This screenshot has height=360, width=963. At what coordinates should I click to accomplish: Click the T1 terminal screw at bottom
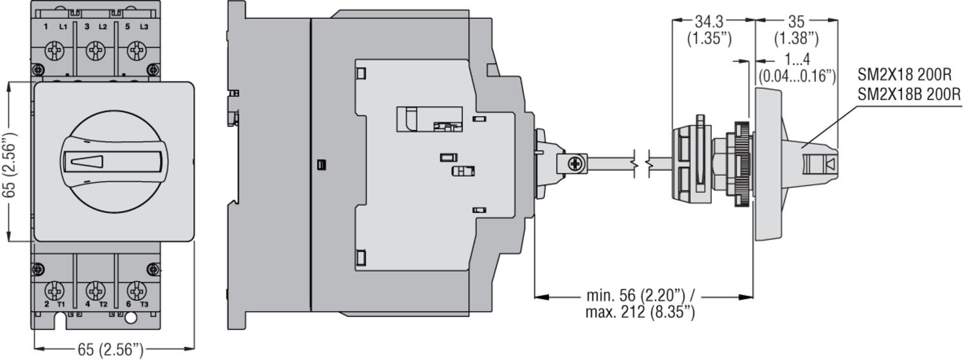(x=56, y=288)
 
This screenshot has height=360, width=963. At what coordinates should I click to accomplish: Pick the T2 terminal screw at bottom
(x=96, y=288)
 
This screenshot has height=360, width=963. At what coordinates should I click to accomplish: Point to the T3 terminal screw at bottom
(x=135, y=288)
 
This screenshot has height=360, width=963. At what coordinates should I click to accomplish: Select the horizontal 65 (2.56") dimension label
(x=110, y=350)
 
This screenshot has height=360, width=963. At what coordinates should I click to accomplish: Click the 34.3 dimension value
(x=709, y=22)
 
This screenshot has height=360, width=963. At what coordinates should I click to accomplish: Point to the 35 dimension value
(x=796, y=22)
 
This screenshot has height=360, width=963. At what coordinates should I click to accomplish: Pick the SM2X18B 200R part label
(x=908, y=94)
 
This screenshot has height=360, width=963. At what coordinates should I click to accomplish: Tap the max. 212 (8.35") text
(x=640, y=313)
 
